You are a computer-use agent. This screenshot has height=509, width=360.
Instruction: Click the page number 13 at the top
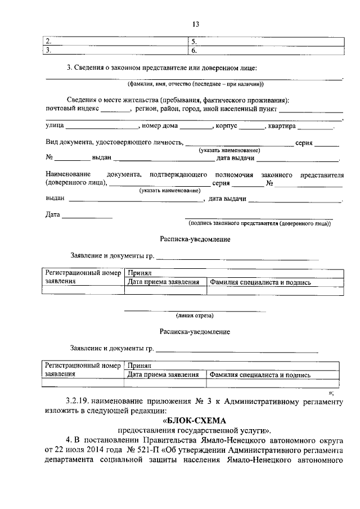[x=196, y=24]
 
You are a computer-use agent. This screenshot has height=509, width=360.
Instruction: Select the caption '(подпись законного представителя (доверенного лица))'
[x=259, y=223]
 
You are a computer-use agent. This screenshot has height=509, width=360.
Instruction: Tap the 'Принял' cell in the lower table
[x=139, y=366]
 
